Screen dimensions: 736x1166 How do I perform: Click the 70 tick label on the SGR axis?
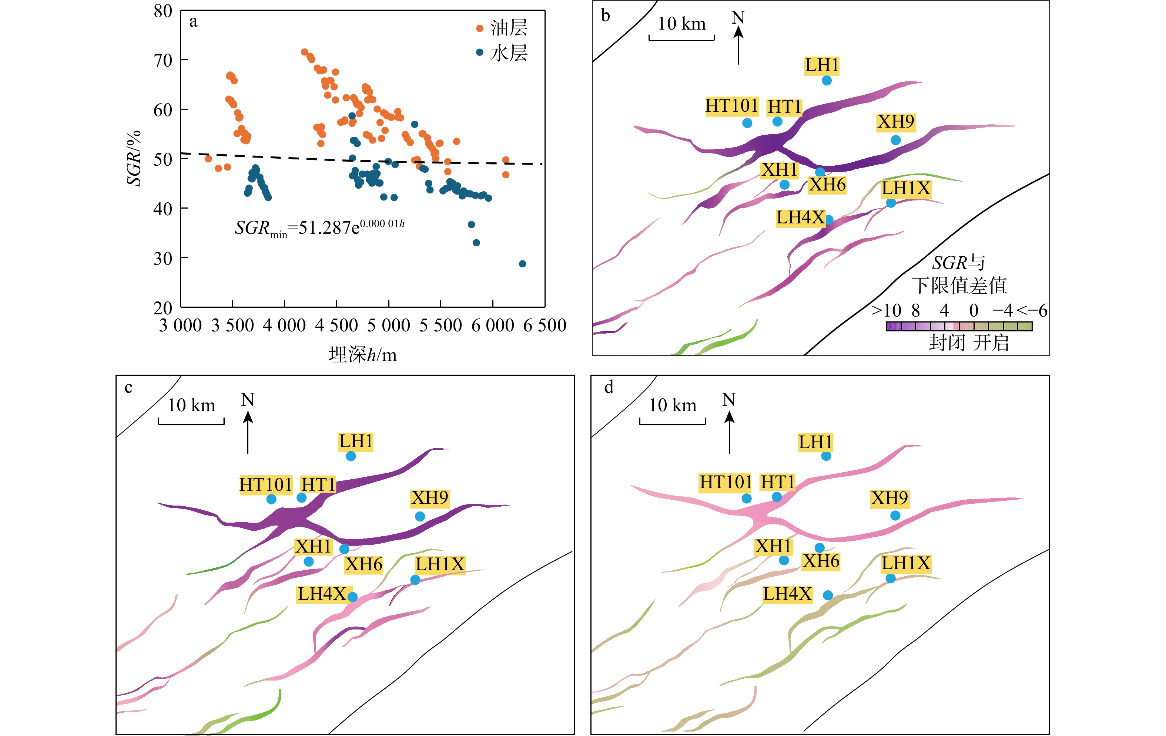click(163, 61)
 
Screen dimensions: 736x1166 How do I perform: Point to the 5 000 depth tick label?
click(388, 325)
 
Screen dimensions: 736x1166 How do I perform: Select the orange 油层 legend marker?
click(479, 28)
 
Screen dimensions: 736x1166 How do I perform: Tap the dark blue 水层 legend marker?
click(479, 52)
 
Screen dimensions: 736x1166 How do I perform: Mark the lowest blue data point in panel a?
click(522, 264)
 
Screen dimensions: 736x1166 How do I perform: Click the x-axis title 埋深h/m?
click(362, 355)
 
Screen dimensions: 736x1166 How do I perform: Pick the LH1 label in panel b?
click(821, 65)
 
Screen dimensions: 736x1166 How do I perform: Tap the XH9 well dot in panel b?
click(895, 140)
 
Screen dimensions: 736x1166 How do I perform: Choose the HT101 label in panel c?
click(265, 484)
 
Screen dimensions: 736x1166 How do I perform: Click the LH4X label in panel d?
click(787, 594)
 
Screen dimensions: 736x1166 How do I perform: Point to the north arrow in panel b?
click(738, 44)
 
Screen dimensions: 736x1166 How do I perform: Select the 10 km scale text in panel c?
click(191, 405)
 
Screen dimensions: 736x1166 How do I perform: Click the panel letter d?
click(609, 387)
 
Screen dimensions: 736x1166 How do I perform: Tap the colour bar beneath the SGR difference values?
click(959, 326)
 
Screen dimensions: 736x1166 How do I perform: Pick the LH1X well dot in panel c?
click(415, 580)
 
